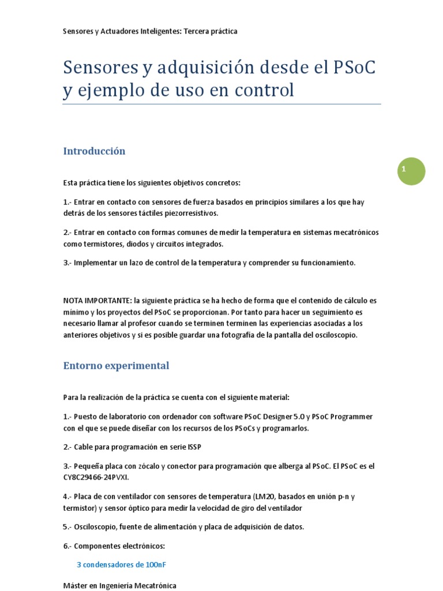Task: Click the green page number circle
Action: (411, 171)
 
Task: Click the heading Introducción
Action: (94, 151)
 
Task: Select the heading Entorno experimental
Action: (116, 366)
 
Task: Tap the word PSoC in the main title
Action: (354, 68)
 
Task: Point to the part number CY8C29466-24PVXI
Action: (96, 477)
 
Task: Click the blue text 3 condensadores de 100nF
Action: (121, 565)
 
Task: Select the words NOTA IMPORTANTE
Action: (96, 301)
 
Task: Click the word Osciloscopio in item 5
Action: (95, 527)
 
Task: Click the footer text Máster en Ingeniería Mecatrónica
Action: (119, 585)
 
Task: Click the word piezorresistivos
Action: (193, 214)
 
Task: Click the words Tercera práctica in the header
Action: (210, 31)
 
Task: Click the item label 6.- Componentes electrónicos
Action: (114, 546)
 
